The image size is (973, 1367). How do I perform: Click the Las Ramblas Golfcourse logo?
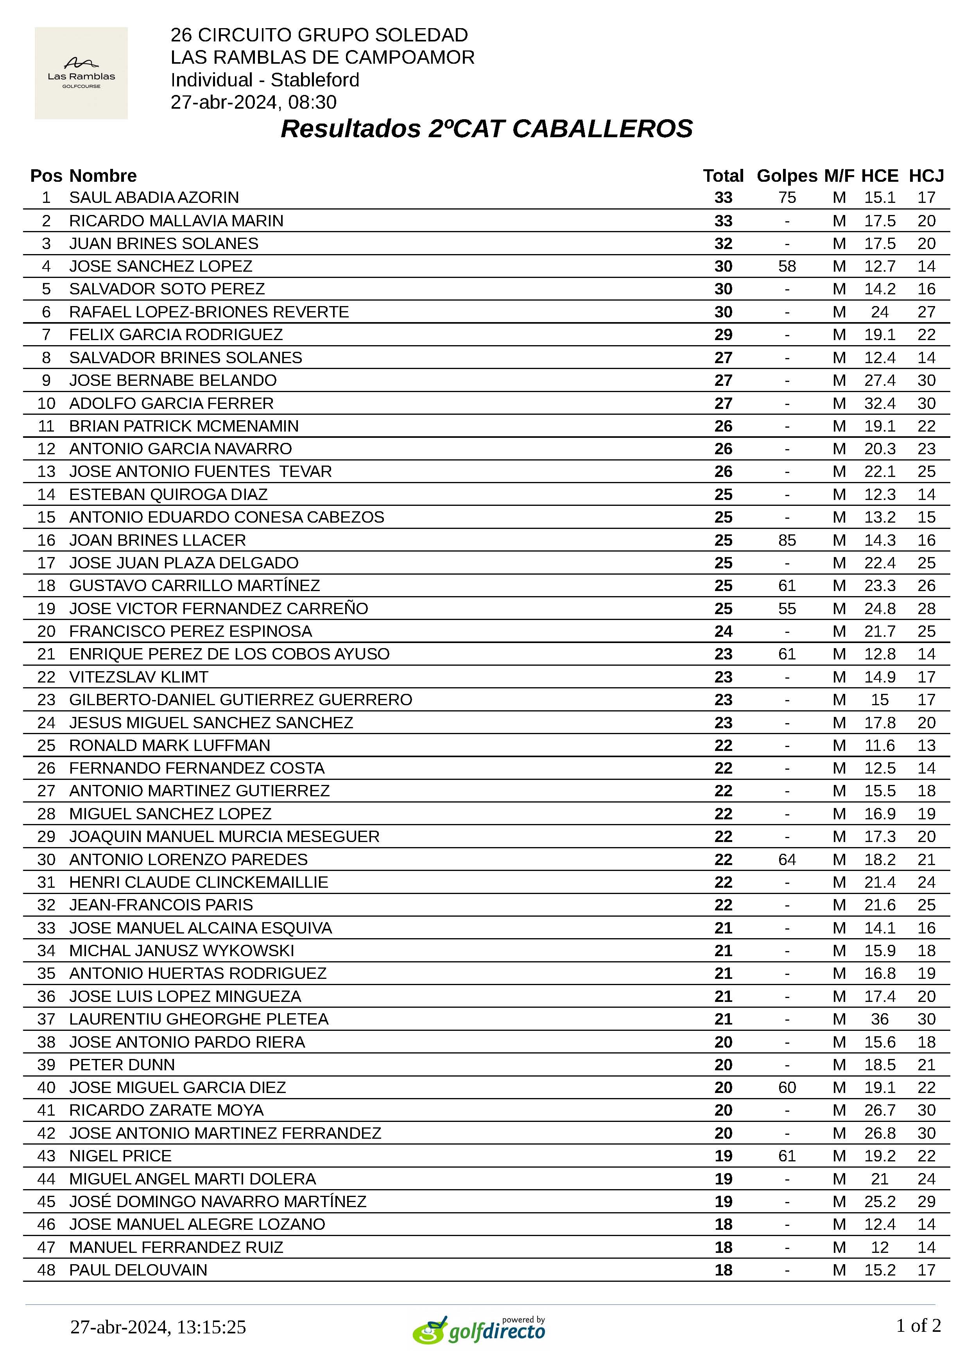[81, 73]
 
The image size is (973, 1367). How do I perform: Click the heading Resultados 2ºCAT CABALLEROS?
[486, 129]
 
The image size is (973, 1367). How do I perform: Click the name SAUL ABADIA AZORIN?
[154, 198]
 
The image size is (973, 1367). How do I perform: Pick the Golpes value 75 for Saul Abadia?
[787, 198]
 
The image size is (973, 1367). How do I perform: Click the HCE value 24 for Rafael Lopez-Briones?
[880, 312]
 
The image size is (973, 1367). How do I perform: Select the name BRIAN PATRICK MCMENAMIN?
[184, 426]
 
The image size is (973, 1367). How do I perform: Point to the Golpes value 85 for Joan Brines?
[787, 540]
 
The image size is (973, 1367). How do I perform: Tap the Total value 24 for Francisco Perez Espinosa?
[723, 631]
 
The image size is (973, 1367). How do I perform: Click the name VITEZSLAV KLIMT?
[139, 677]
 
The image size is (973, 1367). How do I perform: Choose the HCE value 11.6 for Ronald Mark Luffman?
[880, 745]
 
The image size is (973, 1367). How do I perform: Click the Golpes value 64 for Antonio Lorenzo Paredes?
[787, 860]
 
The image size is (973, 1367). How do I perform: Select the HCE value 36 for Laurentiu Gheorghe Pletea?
[880, 1019]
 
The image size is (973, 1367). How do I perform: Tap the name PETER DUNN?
[122, 1064]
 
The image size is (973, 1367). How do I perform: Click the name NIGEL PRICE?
[120, 1156]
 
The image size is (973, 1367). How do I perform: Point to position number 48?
[46, 1270]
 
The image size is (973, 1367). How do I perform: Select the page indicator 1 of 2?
[918, 1325]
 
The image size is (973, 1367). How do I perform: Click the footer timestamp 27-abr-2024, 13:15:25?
[158, 1327]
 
